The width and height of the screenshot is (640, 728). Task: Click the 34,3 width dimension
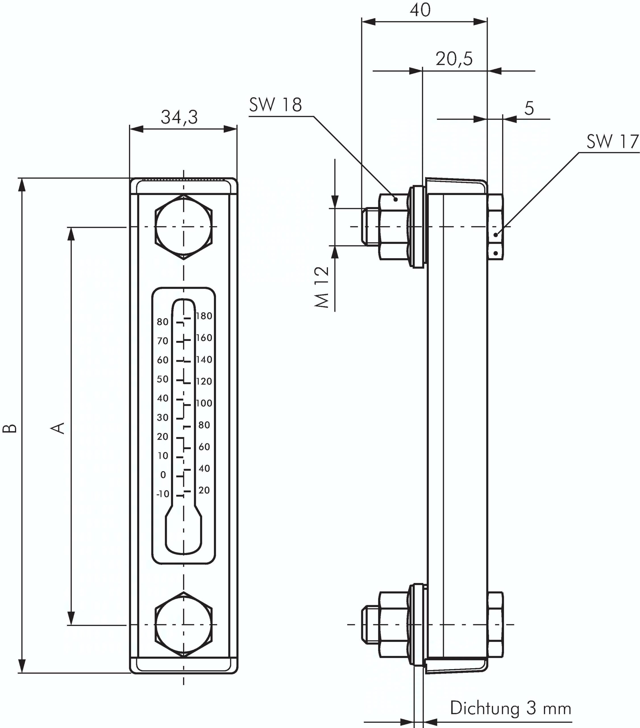(x=179, y=117)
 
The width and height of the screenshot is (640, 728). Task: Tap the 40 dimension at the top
(x=420, y=10)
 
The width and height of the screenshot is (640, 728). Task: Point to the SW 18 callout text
(x=275, y=105)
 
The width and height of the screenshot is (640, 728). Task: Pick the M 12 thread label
(x=322, y=287)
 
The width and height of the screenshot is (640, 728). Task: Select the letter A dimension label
(x=58, y=428)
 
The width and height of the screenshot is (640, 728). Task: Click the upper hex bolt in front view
(x=183, y=227)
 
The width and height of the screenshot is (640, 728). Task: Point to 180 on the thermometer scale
(x=204, y=316)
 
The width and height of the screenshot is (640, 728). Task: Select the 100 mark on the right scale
(x=204, y=403)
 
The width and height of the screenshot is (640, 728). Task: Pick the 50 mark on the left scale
(x=163, y=379)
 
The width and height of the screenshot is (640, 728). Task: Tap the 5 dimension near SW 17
(x=529, y=108)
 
